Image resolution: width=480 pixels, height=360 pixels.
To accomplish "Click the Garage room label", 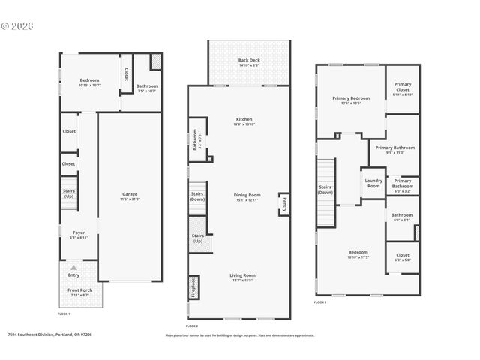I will [x=130, y=194].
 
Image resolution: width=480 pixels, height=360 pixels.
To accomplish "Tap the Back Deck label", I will [x=248, y=60].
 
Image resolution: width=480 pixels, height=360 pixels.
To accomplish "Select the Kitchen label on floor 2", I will [x=244, y=119].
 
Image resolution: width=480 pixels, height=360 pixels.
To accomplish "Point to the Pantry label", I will [x=284, y=203].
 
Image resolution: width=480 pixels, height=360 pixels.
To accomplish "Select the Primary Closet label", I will [x=402, y=87].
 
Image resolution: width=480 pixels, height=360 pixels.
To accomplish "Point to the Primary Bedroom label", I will [x=351, y=97].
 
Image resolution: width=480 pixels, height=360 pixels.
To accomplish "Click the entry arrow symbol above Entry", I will [x=73, y=267].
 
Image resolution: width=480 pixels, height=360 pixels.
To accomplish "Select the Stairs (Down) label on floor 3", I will [x=325, y=190].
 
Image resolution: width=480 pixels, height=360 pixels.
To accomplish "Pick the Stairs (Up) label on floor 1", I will [x=68, y=193].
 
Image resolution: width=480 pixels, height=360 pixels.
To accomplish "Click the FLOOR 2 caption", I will [x=191, y=325].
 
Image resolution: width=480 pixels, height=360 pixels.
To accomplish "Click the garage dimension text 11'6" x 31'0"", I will [x=130, y=199].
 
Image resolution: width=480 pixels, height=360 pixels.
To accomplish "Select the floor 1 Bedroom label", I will [x=89, y=81].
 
